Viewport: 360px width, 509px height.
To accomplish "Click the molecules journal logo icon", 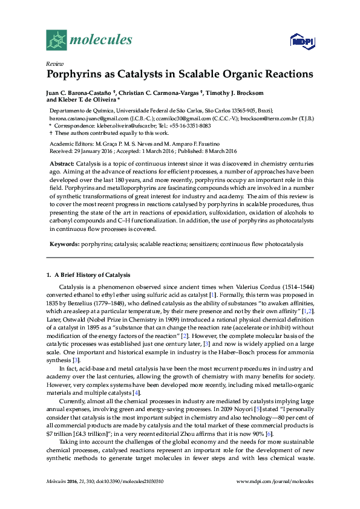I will [56, 40].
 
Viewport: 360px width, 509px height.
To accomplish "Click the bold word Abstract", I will [62, 164].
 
